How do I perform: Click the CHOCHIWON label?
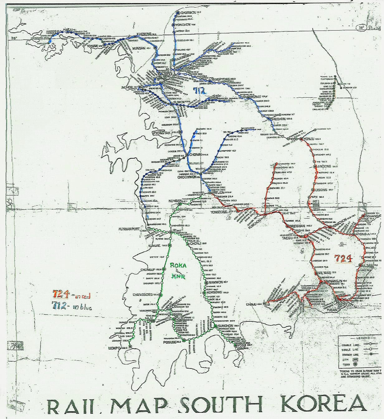click(187, 177)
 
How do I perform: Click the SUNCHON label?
click(225, 326)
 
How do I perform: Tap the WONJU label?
click(255, 97)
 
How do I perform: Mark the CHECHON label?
click(278, 119)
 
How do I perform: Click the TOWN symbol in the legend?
click(355, 364)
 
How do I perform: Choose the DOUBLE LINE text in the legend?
click(347, 345)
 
